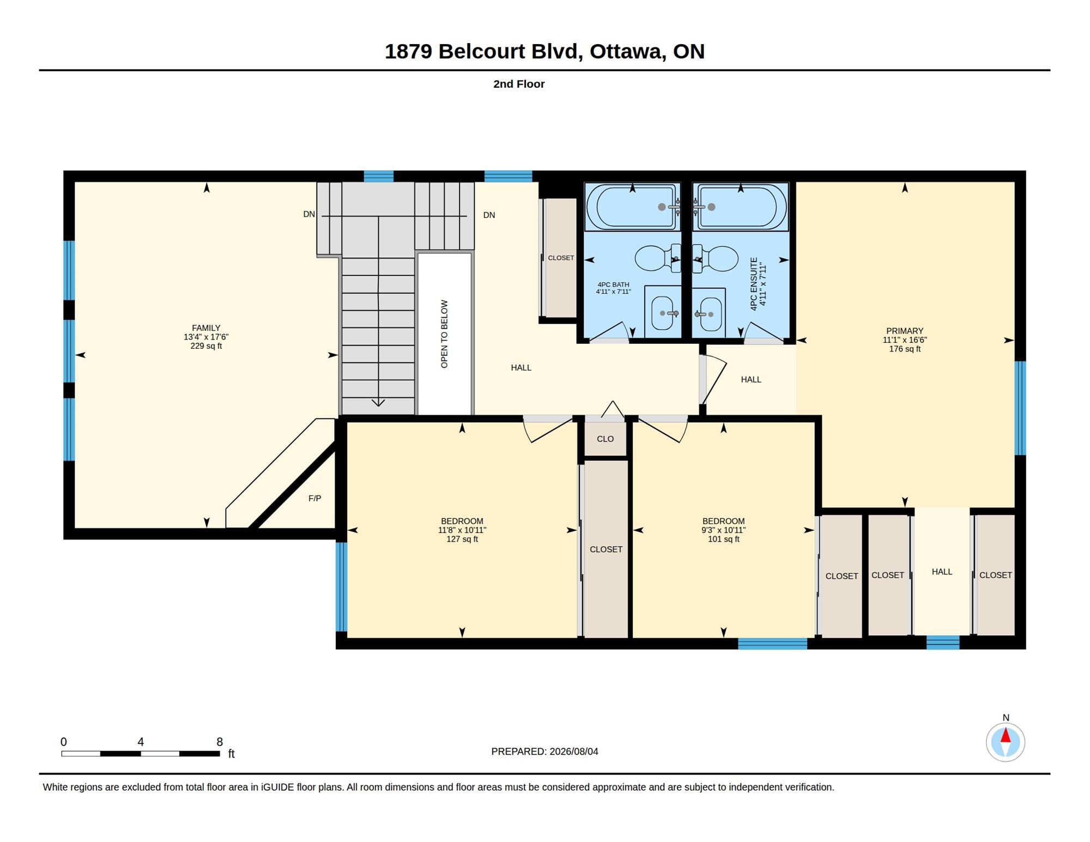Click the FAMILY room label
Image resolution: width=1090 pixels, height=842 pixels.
206,328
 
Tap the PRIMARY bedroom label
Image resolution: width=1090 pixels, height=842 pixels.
905,331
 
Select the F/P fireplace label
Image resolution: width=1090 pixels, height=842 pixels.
314,498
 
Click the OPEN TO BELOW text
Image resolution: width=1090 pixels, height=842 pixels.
444,334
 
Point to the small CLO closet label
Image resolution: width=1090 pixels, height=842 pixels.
605,439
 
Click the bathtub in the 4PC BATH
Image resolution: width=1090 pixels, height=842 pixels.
632,207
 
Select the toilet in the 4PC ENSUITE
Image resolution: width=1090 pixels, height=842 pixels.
715,259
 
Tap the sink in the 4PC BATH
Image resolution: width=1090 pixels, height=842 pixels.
663,313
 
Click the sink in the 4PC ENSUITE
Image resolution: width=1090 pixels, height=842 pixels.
710,314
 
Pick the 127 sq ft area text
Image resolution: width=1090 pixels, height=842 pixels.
462,539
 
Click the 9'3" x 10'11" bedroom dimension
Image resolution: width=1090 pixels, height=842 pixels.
723,530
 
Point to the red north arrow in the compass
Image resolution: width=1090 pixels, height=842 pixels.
1006,736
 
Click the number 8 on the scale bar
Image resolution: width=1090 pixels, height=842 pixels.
220,742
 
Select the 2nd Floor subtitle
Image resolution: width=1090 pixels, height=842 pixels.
519,84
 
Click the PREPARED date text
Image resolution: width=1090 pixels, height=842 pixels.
544,752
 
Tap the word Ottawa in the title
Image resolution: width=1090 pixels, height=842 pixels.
626,52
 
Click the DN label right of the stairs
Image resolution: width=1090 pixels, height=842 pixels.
489,215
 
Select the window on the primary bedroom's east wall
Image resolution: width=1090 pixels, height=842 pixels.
1020,408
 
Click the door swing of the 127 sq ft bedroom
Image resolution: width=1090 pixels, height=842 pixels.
548,429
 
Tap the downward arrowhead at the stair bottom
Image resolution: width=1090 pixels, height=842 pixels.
378,403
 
